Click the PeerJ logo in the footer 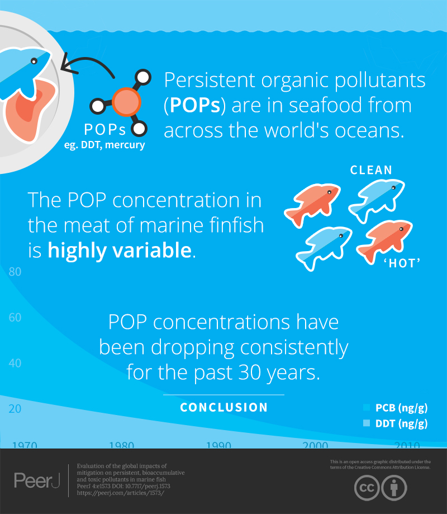coord(36,480)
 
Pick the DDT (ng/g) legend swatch coord(367,423)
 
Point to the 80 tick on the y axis coord(15,272)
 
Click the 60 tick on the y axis coord(15,318)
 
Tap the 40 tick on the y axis coord(15,363)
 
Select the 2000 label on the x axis coord(315,445)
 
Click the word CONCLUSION coord(224,408)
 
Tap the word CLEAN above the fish coord(371,170)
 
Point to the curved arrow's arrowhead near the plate coord(65,64)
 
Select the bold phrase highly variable coord(120,250)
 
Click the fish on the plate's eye coord(34,60)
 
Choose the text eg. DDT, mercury coord(105,145)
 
